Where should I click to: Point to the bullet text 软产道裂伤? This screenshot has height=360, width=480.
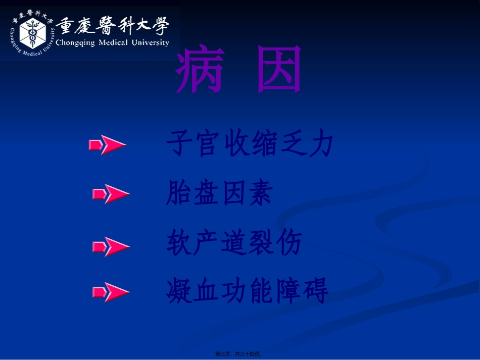pos(234,243)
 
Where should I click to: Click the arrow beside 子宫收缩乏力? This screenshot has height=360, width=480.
pos(107,145)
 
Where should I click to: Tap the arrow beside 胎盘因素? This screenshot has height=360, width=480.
pos(111,194)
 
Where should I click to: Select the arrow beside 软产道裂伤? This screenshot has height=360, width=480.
pos(111,247)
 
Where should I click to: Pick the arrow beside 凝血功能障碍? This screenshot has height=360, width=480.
pos(111,291)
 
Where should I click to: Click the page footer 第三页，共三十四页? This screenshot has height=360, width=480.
pos(241,354)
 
